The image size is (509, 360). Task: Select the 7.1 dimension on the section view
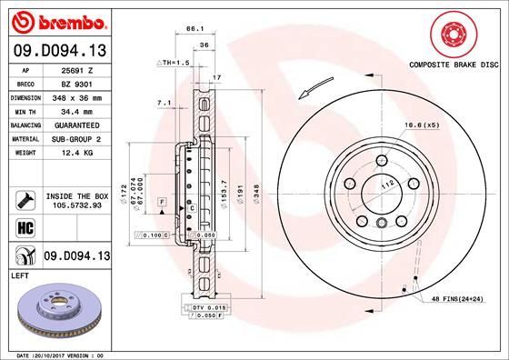[x=164, y=105]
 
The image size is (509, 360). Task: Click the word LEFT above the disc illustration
[x=19, y=273]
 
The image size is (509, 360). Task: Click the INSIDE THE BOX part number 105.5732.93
[x=76, y=205]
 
